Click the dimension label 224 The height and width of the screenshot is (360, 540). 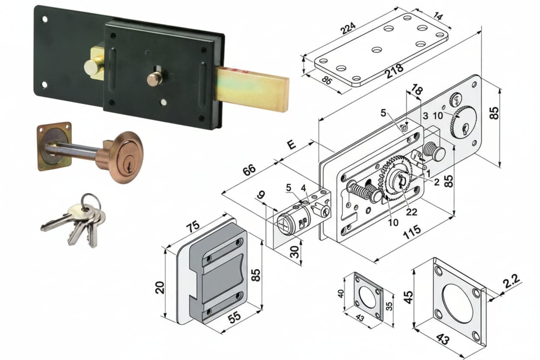point(348,28)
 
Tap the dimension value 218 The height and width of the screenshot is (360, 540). point(394,71)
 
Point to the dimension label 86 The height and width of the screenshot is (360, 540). point(327,81)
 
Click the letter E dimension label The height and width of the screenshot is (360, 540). point(292,145)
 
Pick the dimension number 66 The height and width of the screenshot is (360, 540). point(249,170)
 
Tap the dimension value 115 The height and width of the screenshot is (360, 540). point(412,232)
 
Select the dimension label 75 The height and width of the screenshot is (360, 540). point(193,226)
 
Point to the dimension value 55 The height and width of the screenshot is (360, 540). point(235,316)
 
